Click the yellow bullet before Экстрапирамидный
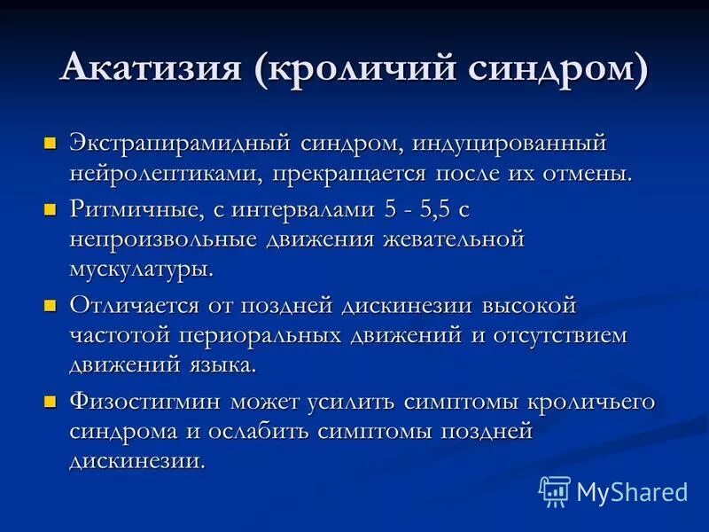[x=51, y=142]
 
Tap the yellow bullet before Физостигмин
[x=51, y=401]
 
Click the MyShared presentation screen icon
[x=555, y=490]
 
